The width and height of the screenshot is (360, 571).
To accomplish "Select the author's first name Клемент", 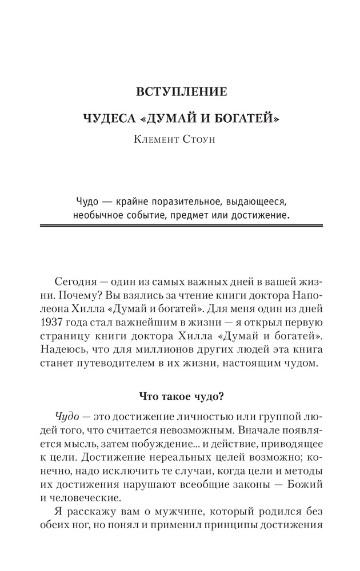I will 156,140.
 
